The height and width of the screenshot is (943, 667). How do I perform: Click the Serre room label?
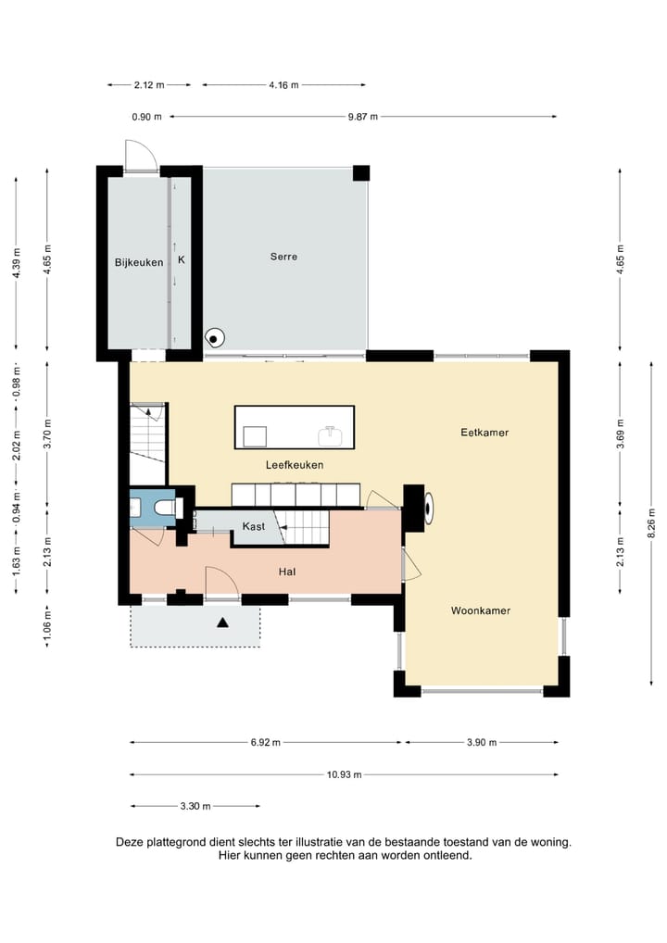[283, 257]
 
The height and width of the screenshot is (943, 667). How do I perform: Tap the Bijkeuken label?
[139, 262]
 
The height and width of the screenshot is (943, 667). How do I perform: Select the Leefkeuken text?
[295, 465]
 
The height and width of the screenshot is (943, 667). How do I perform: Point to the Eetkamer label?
[485, 433]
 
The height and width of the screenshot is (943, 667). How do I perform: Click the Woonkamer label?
[481, 611]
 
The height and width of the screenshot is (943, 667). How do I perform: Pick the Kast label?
[253, 527]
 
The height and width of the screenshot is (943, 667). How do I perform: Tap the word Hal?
[287, 572]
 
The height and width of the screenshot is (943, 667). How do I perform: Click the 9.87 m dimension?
[362, 117]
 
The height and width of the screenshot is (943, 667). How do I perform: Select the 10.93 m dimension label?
[344, 774]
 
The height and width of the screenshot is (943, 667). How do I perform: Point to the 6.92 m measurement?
[265, 743]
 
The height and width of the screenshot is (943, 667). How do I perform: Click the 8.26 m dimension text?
[652, 523]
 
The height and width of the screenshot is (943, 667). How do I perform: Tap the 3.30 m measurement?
[195, 806]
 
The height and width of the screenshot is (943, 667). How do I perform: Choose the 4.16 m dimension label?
[283, 85]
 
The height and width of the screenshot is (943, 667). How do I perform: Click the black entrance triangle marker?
[222, 623]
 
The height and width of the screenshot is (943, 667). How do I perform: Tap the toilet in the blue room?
[164, 509]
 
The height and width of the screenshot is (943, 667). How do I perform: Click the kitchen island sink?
[330, 436]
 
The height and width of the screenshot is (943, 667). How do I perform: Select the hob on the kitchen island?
[255, 436]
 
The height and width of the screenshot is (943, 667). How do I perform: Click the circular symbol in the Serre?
[214, 339]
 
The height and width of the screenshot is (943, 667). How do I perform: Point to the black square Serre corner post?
[361, 173]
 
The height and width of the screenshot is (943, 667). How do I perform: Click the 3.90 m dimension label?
[482, 743]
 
